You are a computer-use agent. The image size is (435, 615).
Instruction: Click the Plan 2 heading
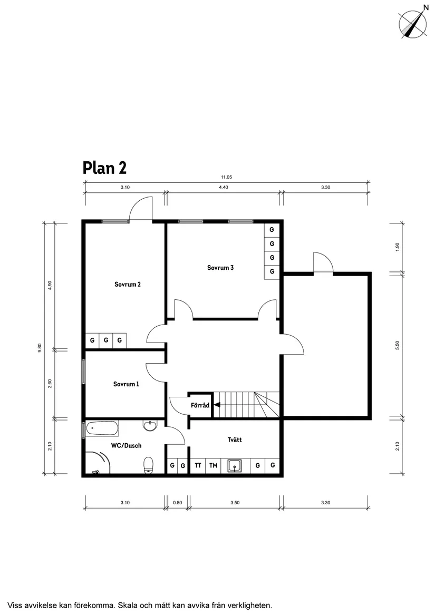pos(104,168)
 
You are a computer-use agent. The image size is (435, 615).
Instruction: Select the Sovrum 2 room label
pos(127,285)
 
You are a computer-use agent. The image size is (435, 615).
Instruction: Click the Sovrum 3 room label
pos(220,268)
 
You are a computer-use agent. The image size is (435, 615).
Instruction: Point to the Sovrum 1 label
pos(126,384)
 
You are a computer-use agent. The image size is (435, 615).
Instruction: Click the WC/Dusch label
pos(126,445)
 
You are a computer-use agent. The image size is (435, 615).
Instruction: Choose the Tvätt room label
pos(235,440)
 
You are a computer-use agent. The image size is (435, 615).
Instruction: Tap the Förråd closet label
pos(200,405)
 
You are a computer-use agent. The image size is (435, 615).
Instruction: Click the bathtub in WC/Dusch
pos(102,428)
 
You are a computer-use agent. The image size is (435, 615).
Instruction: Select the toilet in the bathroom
pos(149,464)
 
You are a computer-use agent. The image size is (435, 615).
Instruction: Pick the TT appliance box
pos(198,465)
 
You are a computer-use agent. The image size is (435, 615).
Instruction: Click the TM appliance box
pos(213,465)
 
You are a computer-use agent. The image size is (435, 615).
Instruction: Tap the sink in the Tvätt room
pos(235,466)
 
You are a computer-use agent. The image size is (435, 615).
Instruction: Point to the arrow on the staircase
pos(217,405)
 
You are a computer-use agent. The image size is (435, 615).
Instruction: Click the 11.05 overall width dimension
pos(226,178)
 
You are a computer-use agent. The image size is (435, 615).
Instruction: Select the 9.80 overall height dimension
pos(40,349)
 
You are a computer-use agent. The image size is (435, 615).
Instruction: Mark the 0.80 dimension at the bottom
pos(177,503)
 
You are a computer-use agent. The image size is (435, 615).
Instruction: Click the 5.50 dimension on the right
pos(398,345)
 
